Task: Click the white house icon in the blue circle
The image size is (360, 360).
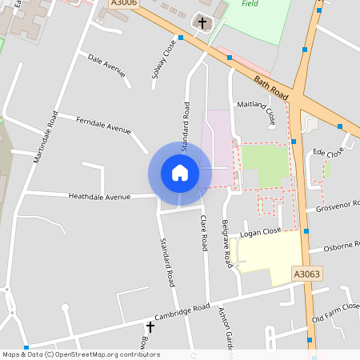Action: (180, 173)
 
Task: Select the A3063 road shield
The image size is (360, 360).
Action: (306, 274)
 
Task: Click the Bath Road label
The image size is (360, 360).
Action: (270, 82)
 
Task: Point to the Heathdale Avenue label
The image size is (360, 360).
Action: (99, 196)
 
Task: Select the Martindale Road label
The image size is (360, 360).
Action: (46, 138)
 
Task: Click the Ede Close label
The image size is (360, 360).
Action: (328, 152)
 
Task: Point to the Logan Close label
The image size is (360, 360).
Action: (261, 232)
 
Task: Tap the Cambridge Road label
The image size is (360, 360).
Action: (183, 313)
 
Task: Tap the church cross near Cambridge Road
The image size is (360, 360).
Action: (150, 327)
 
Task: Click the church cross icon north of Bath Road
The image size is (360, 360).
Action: (202, 23)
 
